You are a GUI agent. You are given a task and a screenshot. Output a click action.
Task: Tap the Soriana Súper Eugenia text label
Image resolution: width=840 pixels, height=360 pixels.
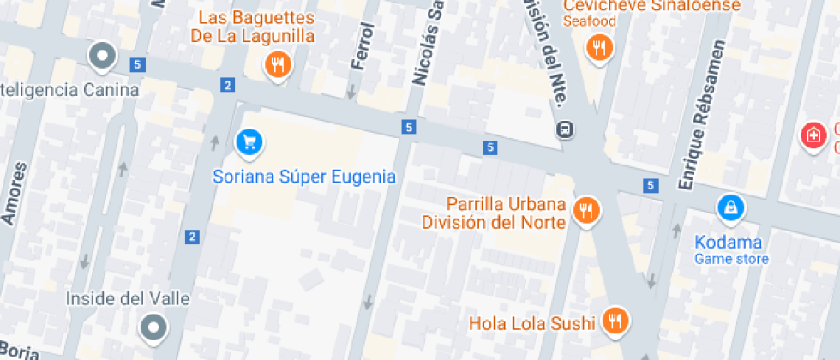tap(304, 177)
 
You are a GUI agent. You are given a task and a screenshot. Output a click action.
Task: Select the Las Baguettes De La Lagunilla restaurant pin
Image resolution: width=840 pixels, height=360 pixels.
tap(277, 64)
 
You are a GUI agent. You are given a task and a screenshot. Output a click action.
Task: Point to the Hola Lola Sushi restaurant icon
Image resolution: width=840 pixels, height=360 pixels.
tap(614, 321)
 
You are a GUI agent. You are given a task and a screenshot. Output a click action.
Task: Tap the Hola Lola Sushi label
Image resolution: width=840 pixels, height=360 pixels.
tap(531, 323)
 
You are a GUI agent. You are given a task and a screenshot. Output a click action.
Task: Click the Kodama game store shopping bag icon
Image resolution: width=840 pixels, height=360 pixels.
tap(731, 207)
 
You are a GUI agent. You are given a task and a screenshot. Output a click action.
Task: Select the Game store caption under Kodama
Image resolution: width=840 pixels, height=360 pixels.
tap(731, 259)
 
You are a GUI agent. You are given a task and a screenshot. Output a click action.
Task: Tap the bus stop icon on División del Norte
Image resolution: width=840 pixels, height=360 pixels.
tap(566, 130)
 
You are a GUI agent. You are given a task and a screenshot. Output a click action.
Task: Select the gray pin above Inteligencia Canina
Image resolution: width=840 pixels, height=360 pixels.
tap(103, 57)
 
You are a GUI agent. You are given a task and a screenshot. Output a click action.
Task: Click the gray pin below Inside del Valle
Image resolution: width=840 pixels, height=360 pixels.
tap(154, 326)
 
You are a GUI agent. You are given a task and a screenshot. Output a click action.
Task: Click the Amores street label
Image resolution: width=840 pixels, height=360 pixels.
tap(11, 194)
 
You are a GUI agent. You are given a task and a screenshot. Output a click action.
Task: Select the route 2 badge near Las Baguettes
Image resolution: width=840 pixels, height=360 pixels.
tap(227, 85)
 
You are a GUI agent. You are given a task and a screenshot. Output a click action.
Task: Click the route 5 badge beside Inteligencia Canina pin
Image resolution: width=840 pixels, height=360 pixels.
tap(137, 64)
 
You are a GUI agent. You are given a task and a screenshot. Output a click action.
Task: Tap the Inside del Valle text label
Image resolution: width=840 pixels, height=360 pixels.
tap(128, 299)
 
